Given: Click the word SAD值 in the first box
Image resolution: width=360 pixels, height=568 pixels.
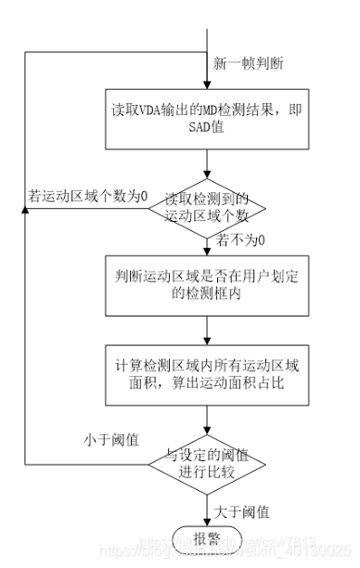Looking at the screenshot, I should click(x=208, y=133).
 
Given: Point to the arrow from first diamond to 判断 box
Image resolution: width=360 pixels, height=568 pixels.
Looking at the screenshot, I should click(x=208, y=243).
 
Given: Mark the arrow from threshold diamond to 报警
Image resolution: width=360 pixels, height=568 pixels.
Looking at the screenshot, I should click(x=208, y=506).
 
